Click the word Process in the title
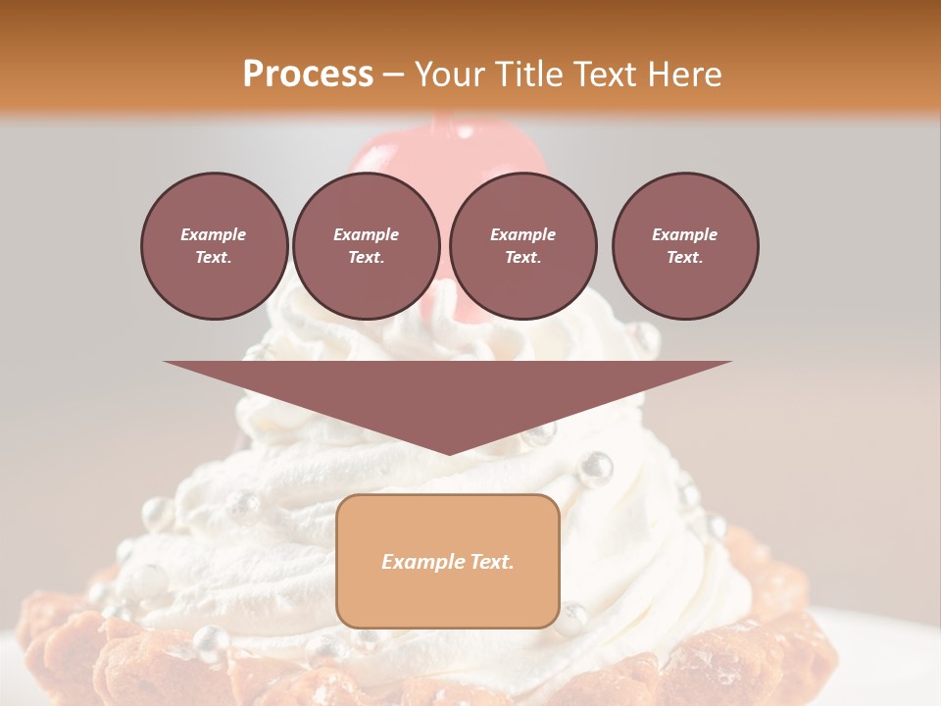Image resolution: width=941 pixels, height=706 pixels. coord(308,75)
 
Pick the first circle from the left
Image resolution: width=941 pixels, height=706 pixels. coord(214,246)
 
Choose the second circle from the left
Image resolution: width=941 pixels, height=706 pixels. coord(367,246)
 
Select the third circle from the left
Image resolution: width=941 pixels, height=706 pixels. coord(522,246)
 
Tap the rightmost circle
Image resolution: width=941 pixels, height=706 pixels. coord(685,246)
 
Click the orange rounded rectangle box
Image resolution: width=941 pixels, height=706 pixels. coord(448,561)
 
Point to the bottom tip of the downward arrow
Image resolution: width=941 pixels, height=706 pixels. coord(449,453)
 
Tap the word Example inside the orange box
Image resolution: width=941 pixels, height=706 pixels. coord(421,562)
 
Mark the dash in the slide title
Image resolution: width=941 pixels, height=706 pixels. coord(393,76)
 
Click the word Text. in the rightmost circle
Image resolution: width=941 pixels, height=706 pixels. coord(685,258)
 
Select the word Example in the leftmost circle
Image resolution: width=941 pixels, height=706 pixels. coord(214,234)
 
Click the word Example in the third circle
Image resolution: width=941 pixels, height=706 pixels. coord(522,234)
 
